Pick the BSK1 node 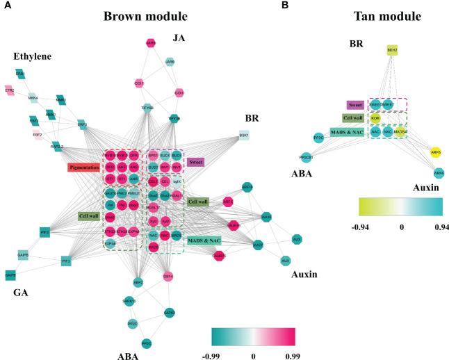click(244, 136)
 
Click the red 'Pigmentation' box click(85, 167)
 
